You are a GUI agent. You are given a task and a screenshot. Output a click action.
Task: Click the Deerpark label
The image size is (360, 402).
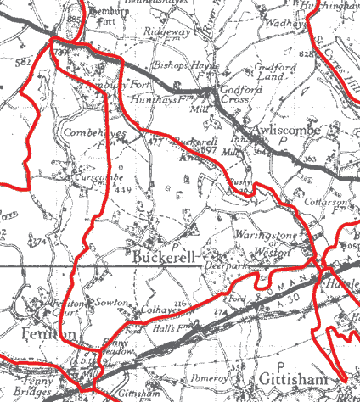point(223,265)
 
